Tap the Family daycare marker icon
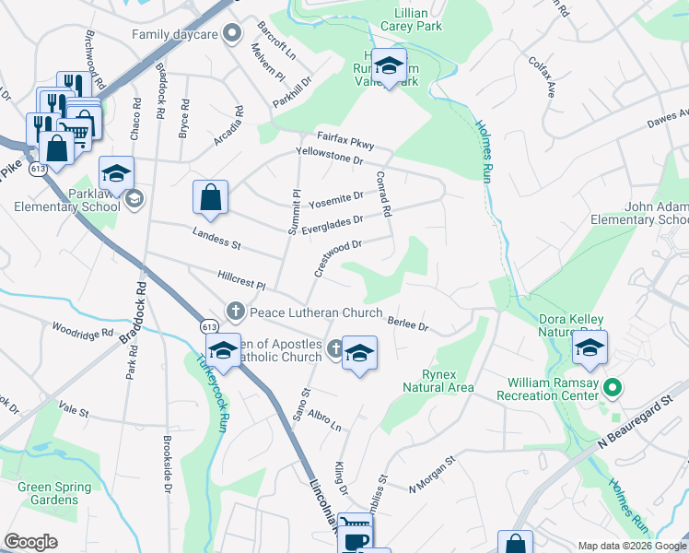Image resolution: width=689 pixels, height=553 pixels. click(x=234, y=35)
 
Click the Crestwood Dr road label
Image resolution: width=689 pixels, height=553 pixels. click(x=338, y=255)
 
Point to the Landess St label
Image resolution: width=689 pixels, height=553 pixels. click(x=216, y=240)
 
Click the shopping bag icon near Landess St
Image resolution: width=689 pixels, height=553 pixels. click(x=211, y=197)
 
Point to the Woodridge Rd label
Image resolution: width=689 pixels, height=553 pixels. click(x=83, y=329)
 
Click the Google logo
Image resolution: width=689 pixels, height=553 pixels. click(x=30, y=542)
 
